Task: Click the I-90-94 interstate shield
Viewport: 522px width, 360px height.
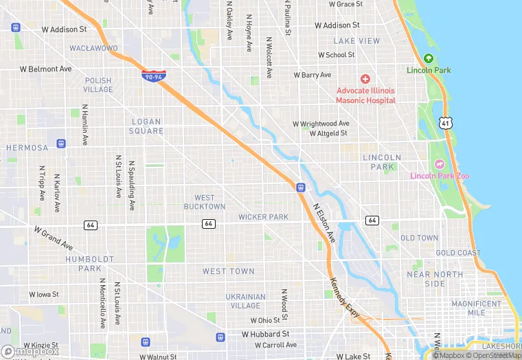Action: click(x=152, y=75)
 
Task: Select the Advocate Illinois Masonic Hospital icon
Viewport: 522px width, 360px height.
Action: click(x=365, y=80)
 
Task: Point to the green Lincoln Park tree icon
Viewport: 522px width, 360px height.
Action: click(x=429, y=59)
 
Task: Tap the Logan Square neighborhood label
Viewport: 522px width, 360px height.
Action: click(x=147, y=126)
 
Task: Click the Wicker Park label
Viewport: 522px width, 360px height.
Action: click(x=263, y=217)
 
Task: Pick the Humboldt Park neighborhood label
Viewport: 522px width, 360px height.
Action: click(x=84, y=264)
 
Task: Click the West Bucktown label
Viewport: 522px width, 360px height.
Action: click(x=205, y=202)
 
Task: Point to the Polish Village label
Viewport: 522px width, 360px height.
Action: click(x=98, y=85)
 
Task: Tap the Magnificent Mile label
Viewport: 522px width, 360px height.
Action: click(x=476, y=308)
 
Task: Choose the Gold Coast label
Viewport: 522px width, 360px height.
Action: click(x=458, y=253)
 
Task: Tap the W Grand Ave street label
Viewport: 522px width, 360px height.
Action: click(x=53, y=238)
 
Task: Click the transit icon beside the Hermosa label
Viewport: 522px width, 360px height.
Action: click(x=62, y=144)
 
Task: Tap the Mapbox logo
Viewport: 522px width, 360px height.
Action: click(x=30, y=351)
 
